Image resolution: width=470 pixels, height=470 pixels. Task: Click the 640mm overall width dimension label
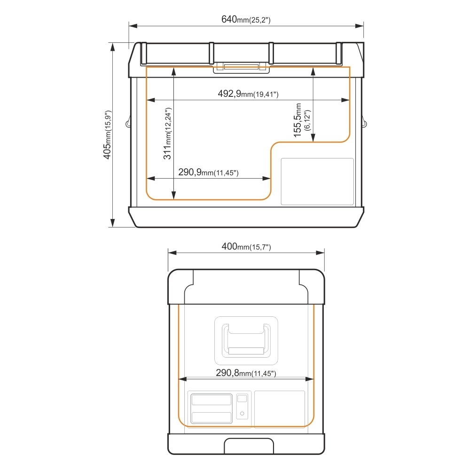[x=246, y=19]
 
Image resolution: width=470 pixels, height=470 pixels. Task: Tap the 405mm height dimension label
[x=107, y=135]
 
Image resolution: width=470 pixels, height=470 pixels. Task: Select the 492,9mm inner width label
[x=248, y=94]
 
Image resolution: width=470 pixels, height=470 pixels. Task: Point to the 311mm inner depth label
[x=167, y=133]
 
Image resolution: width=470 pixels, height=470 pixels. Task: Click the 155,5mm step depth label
[x=302, y=120]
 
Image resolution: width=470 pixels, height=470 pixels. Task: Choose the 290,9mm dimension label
[x=208, y=172]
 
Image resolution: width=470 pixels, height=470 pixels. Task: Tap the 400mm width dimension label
[x=246, y=247]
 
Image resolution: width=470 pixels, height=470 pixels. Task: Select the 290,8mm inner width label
[x=246, y=373]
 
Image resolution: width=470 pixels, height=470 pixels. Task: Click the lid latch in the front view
[x=241, y=68]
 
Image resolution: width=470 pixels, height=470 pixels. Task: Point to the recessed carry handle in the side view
[x=246, y=341]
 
